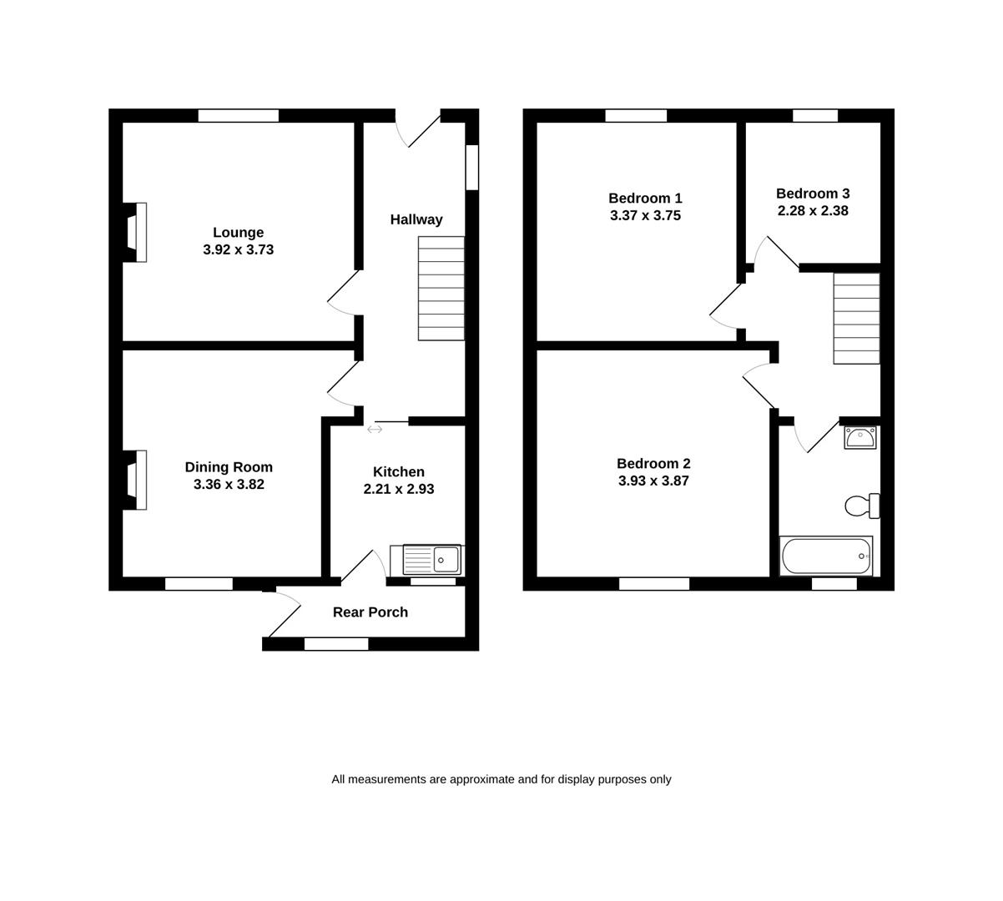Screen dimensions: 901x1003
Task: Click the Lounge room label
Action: [x=238, y=233]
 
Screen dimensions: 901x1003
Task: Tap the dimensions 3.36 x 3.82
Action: [x=229, y=485]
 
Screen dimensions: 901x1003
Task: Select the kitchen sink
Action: [x=431, y=559]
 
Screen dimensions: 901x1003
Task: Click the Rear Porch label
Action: [x=370, y=612]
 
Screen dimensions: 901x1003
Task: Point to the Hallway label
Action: [x=416, y=219]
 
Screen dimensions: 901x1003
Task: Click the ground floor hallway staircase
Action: [x=441, y=289]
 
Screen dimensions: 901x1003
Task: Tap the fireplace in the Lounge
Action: [x=135, y=233]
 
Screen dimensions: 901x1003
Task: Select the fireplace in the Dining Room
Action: [x=135, y=480]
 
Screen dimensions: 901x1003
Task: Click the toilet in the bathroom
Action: [x=861, y=506]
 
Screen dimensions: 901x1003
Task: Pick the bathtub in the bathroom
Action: [x=826, y=556]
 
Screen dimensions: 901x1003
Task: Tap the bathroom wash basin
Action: [x=859, y=437]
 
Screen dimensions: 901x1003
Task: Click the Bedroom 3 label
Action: [x=812, y=194]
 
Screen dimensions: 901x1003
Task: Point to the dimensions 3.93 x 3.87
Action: [x=653, y=481]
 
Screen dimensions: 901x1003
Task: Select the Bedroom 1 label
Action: [x=645, y=199]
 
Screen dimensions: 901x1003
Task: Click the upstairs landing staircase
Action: [x=856, y=319]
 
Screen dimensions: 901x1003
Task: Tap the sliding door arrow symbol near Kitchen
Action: [x=375, y=429]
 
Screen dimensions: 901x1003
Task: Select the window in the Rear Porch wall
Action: [x=336, y=643]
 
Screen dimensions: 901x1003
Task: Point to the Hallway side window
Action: [x=472, y=167]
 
